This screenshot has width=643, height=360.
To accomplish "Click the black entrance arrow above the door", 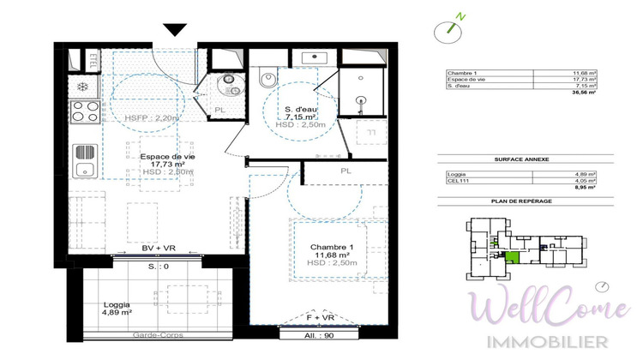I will tap(175, 30).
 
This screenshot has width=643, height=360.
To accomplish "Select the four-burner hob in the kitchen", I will tap(85, 112).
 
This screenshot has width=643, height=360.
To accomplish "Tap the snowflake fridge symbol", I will tap(82, 87).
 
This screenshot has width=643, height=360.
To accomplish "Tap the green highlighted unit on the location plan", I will tap(512, 259).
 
